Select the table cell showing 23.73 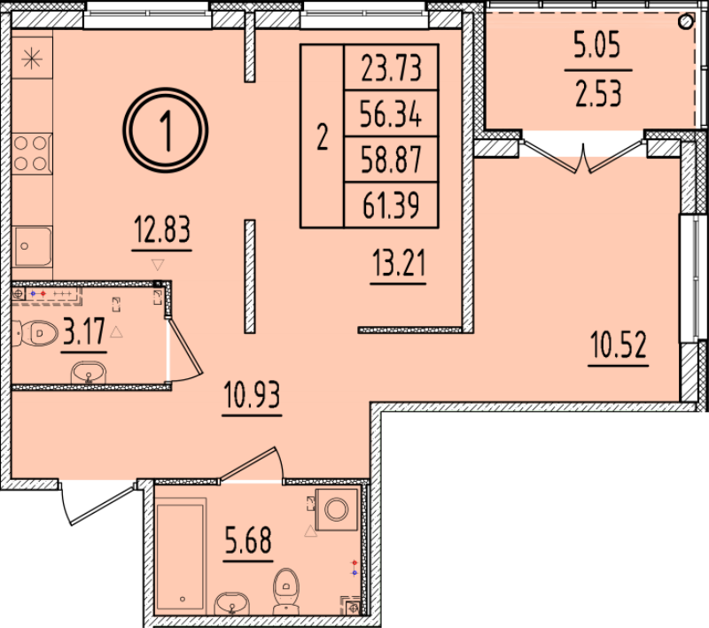click(x=391, y=68)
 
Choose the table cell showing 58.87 click(x=391, y=160)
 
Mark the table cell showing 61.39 click(x=391, y=206)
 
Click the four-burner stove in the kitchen click(x=31, y=152)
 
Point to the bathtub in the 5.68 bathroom click(x=180, y=554)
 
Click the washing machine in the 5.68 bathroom click(x=338, y=509)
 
